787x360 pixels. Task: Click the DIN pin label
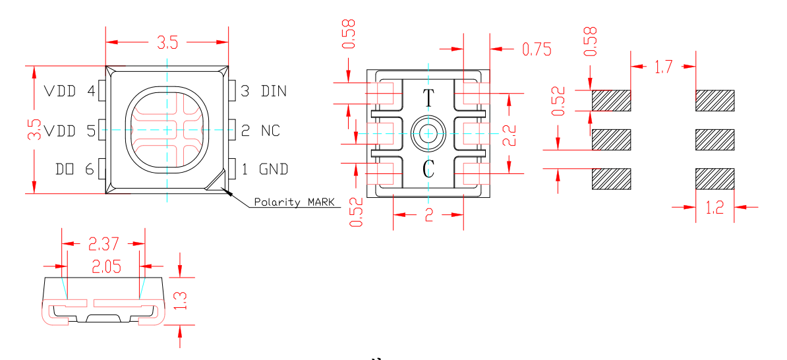tap(274, 91)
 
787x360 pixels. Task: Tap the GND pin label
tap(274, 169)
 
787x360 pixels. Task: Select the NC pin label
tap(270, 131)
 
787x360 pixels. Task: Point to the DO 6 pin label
tap(75, 169)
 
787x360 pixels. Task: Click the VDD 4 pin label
tap(69, 91)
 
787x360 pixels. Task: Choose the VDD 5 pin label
tap(69, 131)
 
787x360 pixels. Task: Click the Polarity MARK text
tap(294, 202)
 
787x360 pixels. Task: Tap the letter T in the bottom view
tap(428, 98)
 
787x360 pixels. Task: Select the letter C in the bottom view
tap(428, 171)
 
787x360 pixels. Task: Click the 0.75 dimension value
tap(536, 49)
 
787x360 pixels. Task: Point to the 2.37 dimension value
tap(103, 245)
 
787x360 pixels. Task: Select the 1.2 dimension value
tap(714, 208)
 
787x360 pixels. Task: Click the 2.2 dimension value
tap(510, 134)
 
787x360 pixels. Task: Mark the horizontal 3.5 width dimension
tap(167, 44)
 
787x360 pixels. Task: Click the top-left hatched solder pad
tap(612, 100)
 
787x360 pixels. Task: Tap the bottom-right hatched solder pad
tap(715, 179)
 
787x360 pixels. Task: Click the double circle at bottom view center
tap(428, 134)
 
